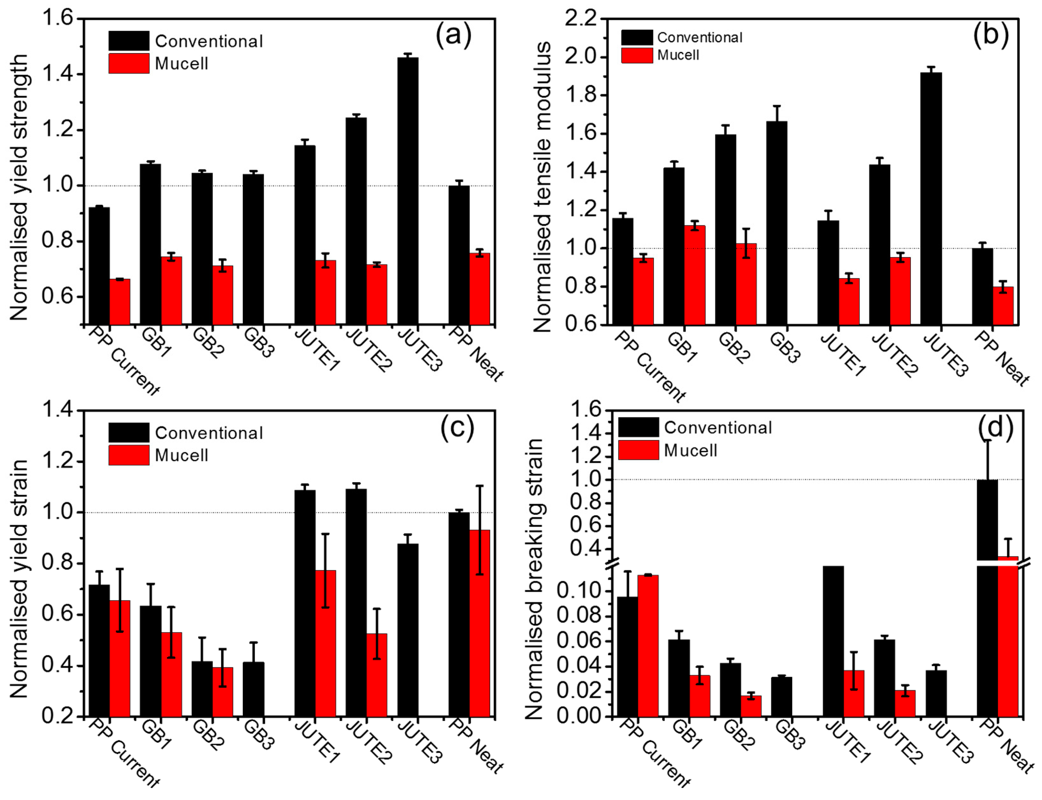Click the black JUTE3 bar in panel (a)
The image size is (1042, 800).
(408, 191)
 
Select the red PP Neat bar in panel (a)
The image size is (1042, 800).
(480, 289)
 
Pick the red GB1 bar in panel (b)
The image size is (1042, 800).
(695, 275)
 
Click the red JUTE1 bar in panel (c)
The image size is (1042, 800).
(325, 643)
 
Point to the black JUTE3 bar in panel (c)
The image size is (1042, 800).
(408, 630)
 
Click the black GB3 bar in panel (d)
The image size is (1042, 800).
(781, 697)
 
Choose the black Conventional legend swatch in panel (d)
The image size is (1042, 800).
(639, 427)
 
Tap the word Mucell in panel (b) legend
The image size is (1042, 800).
(678, 55)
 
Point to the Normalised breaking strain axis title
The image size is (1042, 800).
(534, 579)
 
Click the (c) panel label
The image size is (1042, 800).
(457, 427)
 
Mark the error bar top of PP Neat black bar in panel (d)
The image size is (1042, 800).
(987, 440)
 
